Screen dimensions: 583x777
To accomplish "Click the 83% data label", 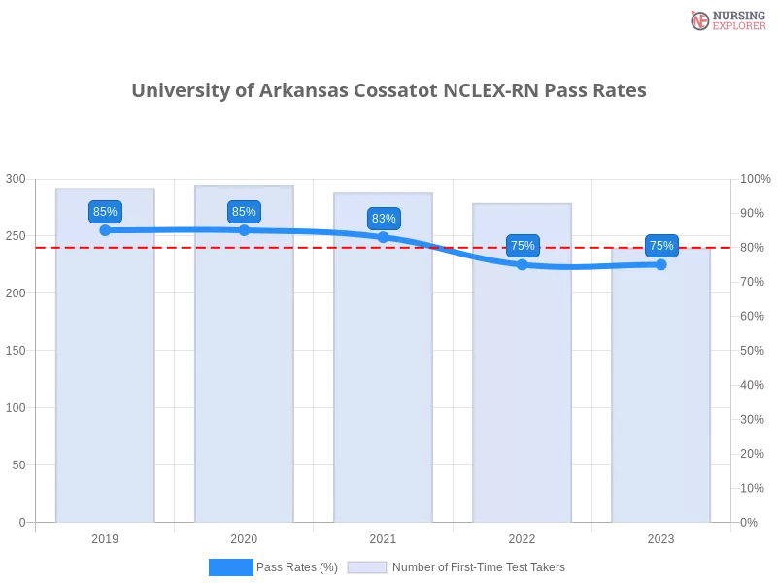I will (384, 219).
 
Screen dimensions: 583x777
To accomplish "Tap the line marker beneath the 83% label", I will (384, 236).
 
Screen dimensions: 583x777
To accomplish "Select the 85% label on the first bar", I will (105, 212).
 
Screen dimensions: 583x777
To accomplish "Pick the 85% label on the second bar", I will (244, 212).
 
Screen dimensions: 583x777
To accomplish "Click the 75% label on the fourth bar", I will (523, 246).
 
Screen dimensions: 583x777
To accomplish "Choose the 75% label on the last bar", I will (661, 246).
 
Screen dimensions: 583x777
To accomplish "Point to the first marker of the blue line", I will (105, 230).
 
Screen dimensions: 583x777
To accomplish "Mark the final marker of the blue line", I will (661, 263).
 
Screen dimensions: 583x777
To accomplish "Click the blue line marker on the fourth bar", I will (523, 264).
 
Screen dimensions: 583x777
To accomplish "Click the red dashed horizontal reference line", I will (291, 247).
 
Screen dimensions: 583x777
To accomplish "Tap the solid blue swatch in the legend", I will (230, 566).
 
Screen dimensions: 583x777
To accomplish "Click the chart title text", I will (391, 90).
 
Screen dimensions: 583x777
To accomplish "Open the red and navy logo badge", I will (726, 19).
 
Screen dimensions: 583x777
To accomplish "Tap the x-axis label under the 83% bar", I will (382, 536).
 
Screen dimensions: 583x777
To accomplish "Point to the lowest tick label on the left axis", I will (21, 522).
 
